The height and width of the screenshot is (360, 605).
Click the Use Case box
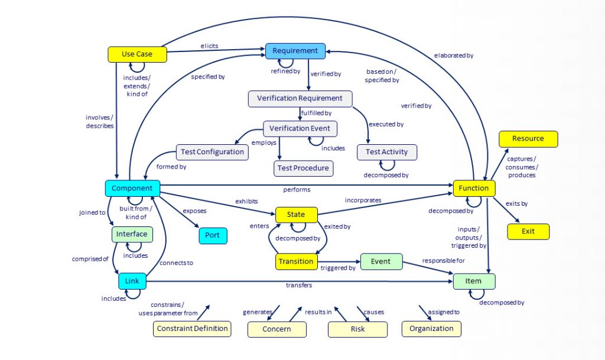(137, 54)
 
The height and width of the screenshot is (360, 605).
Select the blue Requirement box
(295, 51)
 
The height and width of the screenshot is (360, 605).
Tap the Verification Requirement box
(300, 98)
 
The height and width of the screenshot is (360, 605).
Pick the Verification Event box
(300, 128)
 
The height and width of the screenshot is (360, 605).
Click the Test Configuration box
(212, 152)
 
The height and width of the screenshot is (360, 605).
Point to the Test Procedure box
(304, 168)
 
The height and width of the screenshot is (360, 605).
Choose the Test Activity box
(386, 152)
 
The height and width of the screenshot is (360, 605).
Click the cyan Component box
(132, 189)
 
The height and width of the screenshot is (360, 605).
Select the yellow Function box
(474, 189)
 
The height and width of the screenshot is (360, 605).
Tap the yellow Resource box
(528, 139)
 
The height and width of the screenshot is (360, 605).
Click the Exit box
(528, 231)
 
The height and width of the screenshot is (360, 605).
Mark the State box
(296, 215)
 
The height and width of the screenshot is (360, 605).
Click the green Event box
(380, 261)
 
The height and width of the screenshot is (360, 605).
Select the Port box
(212, 235)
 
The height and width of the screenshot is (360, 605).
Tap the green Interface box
(132, 234)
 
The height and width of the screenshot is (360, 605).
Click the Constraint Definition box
(191, 329)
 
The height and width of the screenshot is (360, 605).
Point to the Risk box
(357, 329)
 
